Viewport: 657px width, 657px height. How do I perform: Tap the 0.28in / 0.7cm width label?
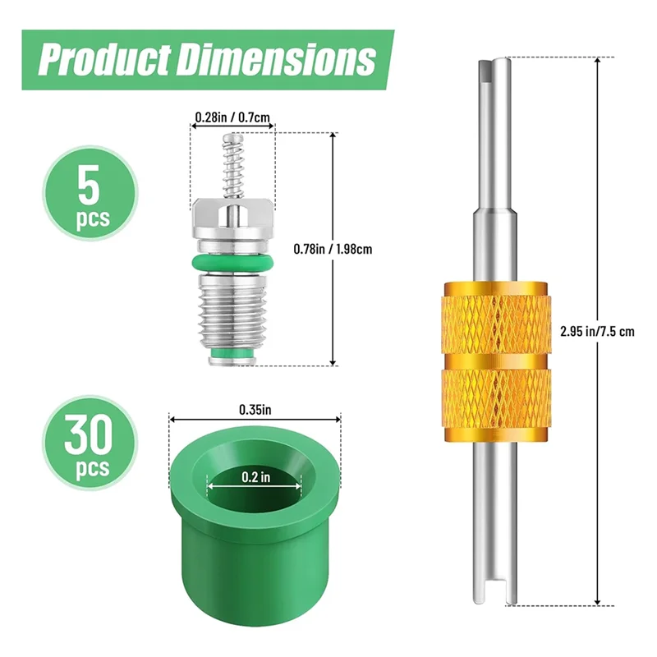click(232, 117)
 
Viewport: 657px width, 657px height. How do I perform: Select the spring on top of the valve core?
click(233, 164)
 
